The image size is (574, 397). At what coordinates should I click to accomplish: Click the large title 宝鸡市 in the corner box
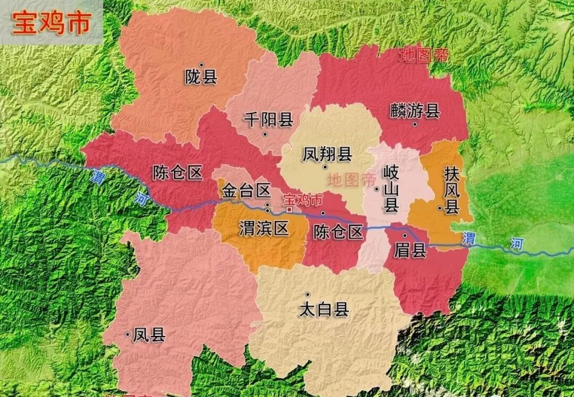(x=52, y=23)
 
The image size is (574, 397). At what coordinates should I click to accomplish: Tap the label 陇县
(x=201, y=78)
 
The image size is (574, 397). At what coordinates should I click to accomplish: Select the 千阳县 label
(x=268, y=120)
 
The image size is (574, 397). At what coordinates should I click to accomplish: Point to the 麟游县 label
(x=415, y=111)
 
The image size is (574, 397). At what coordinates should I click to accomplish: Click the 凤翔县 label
(x=327, y=154)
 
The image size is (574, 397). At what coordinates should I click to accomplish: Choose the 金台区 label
(x=247, y=190)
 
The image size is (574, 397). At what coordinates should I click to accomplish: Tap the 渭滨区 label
(x=264, y=229)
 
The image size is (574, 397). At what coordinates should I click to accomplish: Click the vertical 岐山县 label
(x=391, y=189)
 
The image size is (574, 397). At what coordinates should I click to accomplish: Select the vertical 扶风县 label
(x=452, y=190)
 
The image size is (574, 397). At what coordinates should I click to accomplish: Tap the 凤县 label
(x=149, y=335)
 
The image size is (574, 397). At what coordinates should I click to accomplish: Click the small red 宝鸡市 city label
(x=303, y=200)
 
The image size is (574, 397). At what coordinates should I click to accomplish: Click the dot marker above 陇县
(x=201, y=65)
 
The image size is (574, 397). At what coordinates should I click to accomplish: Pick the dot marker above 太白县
(x=307, y=294)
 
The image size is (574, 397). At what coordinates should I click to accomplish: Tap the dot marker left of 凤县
(x=128, y=334)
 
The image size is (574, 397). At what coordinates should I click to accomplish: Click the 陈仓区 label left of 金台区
(x=178, y=172)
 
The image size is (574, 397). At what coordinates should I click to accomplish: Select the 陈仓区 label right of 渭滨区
(x=338, y=232)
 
